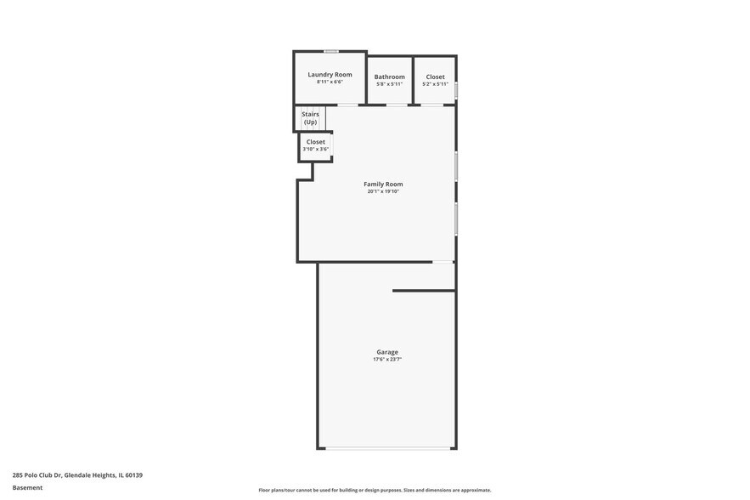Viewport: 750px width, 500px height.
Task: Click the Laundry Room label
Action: pyautogui.click(x=330, y=75)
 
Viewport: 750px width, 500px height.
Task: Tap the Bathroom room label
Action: pyautogui.click(x=390, y=77)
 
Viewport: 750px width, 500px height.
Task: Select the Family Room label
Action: pyautogui.click(x=383, y=184)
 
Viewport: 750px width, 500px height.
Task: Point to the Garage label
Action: pyautogui.click(x=387, y=352)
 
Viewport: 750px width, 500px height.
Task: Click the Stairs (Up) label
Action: pyautogui.click(x=310, y=118)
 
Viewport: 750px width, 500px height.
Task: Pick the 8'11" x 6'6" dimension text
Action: pyautogui.click(x=330, y=82)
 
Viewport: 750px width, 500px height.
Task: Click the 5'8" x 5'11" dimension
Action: pyautogui.click(x=390, y=84)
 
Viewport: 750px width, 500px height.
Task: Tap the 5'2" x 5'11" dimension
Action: pyautogui.click(x=435, y=84)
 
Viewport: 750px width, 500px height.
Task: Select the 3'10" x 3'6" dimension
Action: pyautogui.click(x=315, y=150)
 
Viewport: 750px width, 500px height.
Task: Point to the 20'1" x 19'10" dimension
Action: pyautogui.click(x=383, y=191)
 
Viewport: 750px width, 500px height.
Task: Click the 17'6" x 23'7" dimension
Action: pyautogui.click(x=387, y=360)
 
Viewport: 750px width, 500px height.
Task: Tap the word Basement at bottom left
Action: pyautogui.click(x=27, y=488)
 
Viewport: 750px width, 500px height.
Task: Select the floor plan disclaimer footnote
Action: pyautogui.click(x=375, y=490)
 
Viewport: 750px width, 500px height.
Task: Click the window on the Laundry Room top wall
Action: pyautogui.click(x=330, y=52)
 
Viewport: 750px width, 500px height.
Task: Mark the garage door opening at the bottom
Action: pyautogui.click(x=387, y=448)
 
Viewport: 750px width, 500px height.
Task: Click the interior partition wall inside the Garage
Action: pyautogui.click(x=423, y=291)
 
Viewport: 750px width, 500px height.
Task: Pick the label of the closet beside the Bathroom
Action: pyautogui.click(x=435, y=77)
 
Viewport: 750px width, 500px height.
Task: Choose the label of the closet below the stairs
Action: pyautogui.click(x=315, y=142)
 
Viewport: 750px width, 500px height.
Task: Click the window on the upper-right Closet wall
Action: pyautogui.click(x=456, y=89)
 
